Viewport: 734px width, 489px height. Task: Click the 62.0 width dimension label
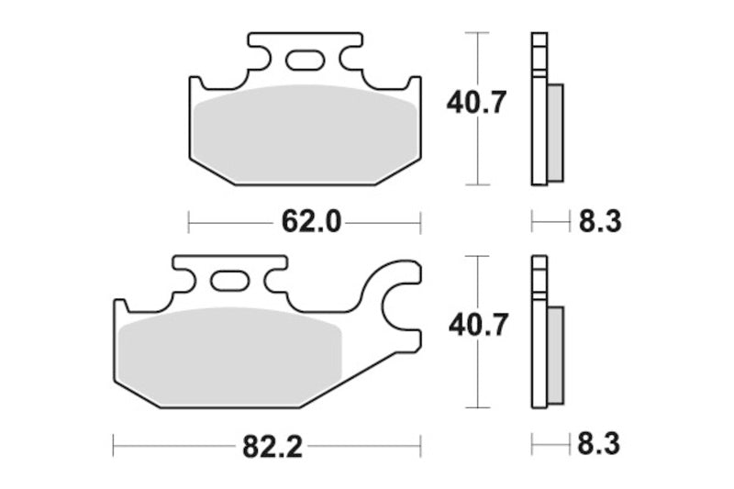pos(304,221)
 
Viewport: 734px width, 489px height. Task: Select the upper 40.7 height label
pos(475,103)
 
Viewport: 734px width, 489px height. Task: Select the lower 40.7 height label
pos(475,327)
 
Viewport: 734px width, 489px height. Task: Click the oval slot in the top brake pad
pos(304,61)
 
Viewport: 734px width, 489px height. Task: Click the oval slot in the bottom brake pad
pos(229,281)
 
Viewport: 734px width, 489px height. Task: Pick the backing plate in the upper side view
pos(539,110)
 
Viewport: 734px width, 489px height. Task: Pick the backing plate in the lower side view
pos(539,335)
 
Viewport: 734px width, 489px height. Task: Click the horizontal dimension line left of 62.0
pos(229,221)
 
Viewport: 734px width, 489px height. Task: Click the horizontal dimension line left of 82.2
pos(174,447)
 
